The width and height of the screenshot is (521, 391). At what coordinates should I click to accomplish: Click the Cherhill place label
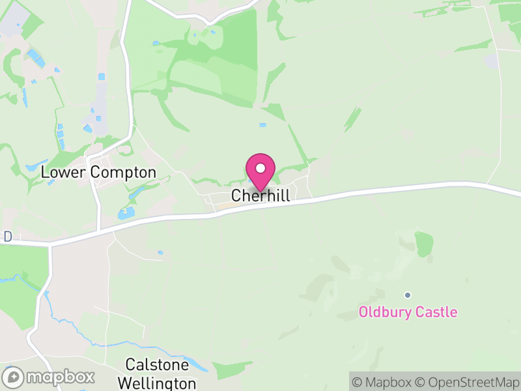tap(260, 196)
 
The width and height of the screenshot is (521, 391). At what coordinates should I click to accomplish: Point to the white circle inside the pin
tap(260, 168)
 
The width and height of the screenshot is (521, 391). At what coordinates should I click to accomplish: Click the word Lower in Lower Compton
tap(64, 173)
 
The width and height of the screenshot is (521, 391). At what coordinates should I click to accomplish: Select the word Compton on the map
tap(123, 173)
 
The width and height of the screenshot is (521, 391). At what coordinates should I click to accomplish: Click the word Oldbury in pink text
tap(384, 313)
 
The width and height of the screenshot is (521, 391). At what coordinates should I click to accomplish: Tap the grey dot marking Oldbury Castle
tap(408, 295)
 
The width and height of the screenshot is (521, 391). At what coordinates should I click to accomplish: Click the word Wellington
tap(160, 383)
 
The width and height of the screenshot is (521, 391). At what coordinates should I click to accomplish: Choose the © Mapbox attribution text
tap(384, 382)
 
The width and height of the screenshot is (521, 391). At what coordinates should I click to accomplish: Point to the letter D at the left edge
tap(8, 237)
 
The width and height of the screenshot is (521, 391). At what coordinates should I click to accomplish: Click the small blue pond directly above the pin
tap(262, 125)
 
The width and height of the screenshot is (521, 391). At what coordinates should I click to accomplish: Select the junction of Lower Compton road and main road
tap(99, 230)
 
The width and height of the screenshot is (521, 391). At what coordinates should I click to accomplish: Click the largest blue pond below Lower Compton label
tap(126, 212)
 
